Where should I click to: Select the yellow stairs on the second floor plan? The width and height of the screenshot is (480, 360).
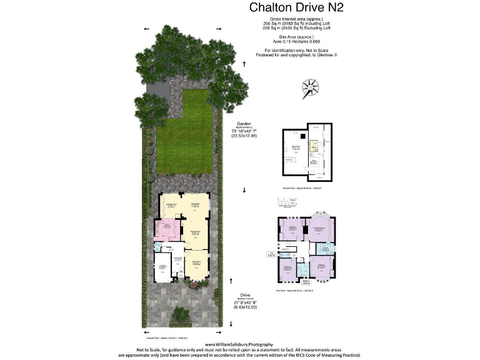click(x=316, y=147)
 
